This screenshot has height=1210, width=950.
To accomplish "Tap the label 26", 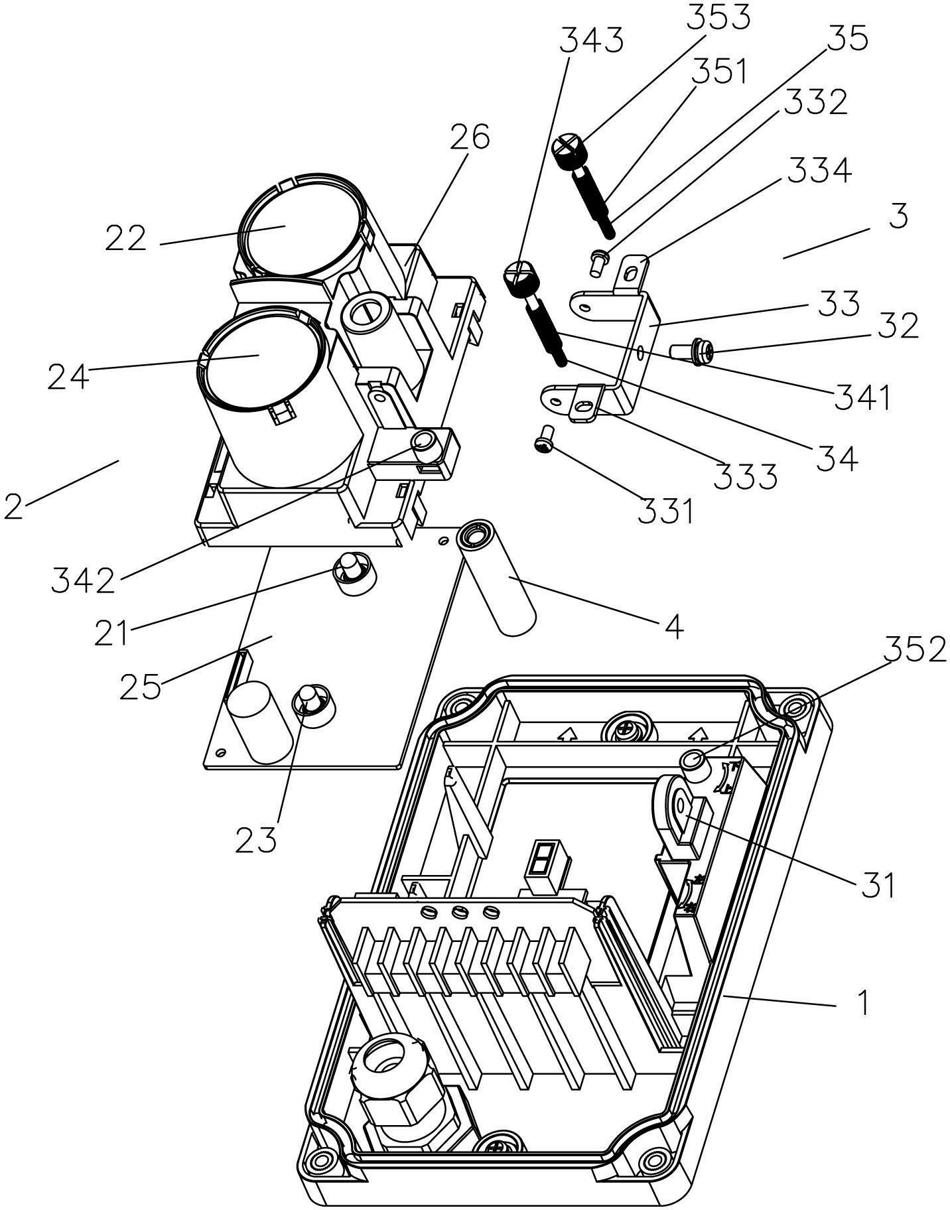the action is (470, 137).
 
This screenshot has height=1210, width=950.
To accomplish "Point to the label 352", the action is (914, 650).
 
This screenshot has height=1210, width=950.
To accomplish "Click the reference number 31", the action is (878, 884).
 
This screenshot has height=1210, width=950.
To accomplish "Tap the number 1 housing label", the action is (862, 1003).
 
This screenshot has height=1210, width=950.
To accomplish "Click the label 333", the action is (745, 476).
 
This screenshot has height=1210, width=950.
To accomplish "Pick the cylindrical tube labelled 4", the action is (497, 578).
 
